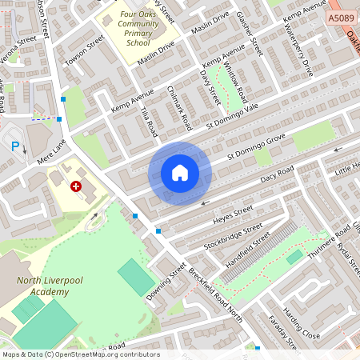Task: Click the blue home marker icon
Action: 180,173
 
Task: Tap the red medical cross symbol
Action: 76,186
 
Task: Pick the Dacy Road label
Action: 277,175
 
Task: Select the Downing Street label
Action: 166,281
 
